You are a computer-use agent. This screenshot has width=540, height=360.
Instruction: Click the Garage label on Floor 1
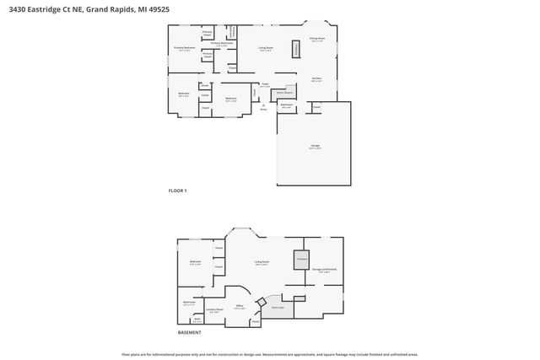[x=315, y=147]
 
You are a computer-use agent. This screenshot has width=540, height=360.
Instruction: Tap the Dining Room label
[x=317, y=39]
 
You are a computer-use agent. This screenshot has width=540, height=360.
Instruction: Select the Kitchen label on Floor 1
[x=316, y=78]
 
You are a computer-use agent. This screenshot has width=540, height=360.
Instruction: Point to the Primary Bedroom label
[x=185, y=49]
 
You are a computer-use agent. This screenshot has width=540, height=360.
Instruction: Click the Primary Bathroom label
[x=221, y=43]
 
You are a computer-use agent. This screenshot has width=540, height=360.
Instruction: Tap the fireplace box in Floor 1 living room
[x=296, y=49]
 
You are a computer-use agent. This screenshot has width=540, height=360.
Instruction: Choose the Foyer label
[x=264, y=84]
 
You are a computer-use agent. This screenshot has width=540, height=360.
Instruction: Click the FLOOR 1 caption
[x=178, y=191]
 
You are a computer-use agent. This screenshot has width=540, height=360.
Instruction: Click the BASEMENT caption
[x=190, y=332]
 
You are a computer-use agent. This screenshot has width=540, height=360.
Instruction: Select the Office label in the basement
[x=240, y=306]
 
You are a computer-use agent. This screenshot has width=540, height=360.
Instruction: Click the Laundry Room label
[x=213, y=310]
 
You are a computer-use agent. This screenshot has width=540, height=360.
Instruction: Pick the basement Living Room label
[x=262, y=262]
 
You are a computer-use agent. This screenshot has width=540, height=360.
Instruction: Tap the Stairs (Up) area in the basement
[x=277, y=307]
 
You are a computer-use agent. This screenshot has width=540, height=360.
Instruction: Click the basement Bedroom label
[x=195, y=263]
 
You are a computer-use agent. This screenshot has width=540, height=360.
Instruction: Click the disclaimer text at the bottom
[x=270, y=354]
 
